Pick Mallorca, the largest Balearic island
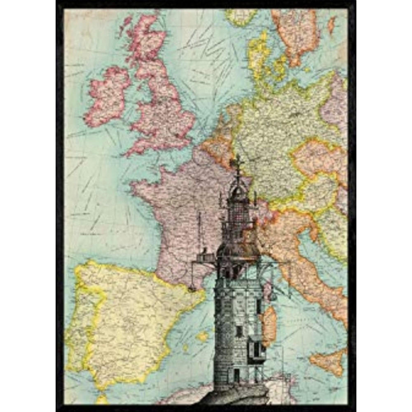coord(203,336)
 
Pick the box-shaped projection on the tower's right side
coord(256,348)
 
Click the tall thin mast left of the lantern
coord(199,233)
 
